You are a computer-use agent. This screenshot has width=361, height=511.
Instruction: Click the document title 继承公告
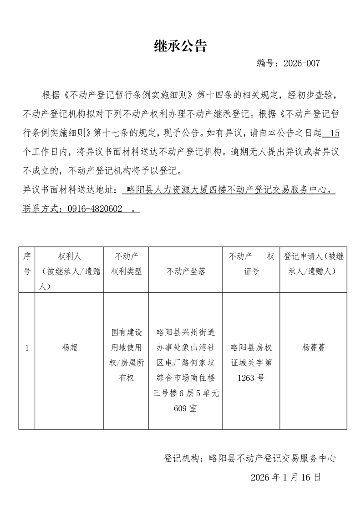coord(181,46)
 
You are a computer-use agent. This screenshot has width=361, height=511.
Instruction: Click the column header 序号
coord(27,264)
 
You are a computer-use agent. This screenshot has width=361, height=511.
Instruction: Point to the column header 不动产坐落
coord(186,271)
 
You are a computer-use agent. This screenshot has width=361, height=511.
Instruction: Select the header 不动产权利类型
coord(127,264)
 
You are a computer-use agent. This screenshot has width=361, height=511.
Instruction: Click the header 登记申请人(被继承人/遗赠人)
coord(314,264)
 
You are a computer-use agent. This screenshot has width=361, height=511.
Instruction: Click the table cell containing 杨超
coord(70,347)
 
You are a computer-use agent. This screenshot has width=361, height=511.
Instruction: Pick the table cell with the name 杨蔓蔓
coord(314,347)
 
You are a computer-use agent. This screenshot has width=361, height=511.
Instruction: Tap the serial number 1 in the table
coord(27,348)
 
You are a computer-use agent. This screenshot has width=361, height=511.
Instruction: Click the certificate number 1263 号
coord(251,378)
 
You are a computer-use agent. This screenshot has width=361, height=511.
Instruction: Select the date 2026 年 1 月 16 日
coord(285,477)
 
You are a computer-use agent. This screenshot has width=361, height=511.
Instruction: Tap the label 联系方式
coord(41,209)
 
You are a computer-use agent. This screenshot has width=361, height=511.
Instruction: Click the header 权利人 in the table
coord(70,256)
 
